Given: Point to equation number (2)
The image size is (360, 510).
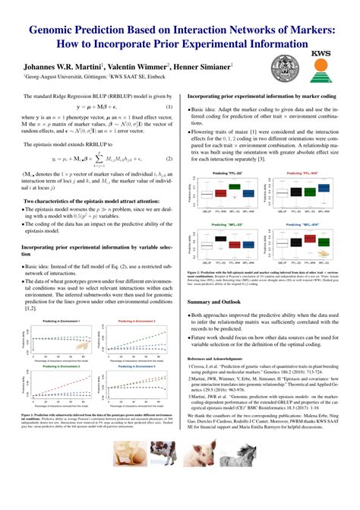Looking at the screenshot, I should pos(168,182).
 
